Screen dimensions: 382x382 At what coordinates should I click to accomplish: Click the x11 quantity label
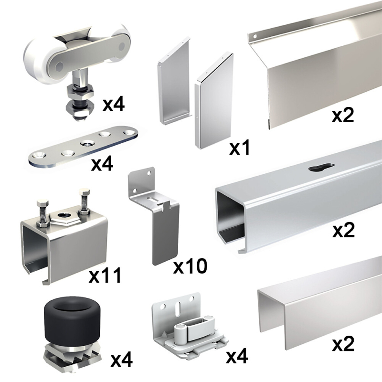[105, 276]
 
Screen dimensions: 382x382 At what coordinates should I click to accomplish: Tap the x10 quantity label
[190, 266]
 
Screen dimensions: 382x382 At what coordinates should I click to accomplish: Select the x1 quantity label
[240, 148]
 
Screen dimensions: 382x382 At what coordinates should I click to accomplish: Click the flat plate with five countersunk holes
[83, 147]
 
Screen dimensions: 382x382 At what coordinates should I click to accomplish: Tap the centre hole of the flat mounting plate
[87, 143]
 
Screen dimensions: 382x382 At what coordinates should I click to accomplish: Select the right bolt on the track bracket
[85, 201]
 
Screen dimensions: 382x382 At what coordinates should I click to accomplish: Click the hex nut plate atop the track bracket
[64, 217]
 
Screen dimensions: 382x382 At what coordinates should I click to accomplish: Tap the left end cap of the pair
[174, 80]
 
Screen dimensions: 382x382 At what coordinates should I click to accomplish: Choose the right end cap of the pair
[214, 101]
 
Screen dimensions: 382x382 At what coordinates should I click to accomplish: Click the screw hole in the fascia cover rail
[255, 37]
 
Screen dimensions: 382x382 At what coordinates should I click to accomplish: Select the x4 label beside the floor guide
[237, 356]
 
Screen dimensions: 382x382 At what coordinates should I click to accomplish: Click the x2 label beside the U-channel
[343, 343]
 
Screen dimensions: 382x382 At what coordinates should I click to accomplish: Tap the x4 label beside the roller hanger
[114, 104]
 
